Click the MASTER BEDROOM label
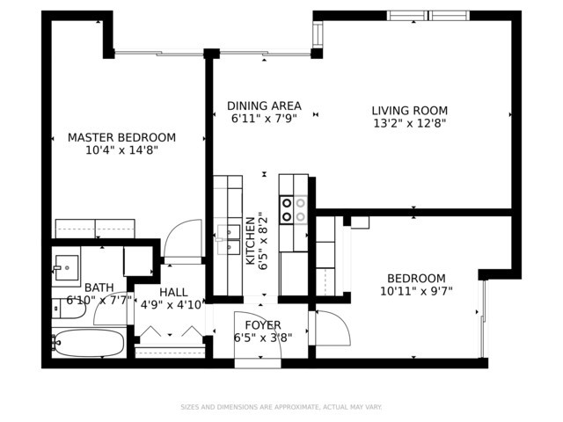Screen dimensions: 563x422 click(121, 137)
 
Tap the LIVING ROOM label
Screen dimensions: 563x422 click(410, 111)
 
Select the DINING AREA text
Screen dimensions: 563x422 click(264, 105)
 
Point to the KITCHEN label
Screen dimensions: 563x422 click(250, 241)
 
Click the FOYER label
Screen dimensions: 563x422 click(263, 325)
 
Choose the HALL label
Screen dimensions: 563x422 click(173, 293)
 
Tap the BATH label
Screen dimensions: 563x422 click(99, 287)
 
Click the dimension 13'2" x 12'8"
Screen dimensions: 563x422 click(410, 124)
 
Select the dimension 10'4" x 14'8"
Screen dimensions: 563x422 click(121, 150)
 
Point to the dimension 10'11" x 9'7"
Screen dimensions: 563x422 click(416, 291)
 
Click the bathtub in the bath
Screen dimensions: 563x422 click(89, 343)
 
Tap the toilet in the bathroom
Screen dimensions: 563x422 click(69, 309)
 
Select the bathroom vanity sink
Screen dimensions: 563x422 click(67, 267)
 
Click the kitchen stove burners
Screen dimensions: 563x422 click(293, 210)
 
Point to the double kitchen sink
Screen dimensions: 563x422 click(229, 239)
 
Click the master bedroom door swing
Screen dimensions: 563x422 click(183, 238)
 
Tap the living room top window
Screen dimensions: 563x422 click(428, 16)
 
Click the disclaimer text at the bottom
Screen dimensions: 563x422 click(281, 407)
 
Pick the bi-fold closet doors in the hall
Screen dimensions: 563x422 click(171, 331)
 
